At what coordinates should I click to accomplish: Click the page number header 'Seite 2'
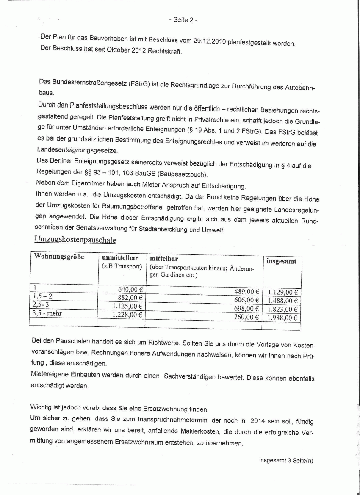pyautogui.click(x=183, y=20)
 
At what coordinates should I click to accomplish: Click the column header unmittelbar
pyautogui.click(x=120, y=257)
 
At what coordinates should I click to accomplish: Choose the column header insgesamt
pyautogui.click(x=281, y=261)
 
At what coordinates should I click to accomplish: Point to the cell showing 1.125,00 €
pyautogui.click(x=127, y=306)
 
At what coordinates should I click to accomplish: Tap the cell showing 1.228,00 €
pyautogui.click(x=127, y=314)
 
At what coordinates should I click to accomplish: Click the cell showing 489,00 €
pyautogui.click(x=246, y=292)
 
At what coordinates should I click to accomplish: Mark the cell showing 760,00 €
pyautogui.click(x=246, y=317)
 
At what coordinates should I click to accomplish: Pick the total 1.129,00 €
pyautogui.click(x=283, y=292)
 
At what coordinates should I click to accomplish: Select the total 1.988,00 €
pyautogui.click(x=283, y=318)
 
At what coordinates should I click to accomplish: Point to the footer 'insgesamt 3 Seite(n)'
pyautogui.click(x=286, y=461)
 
